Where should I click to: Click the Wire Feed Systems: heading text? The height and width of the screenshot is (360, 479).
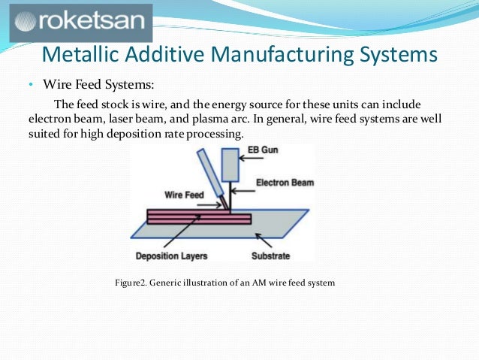tap(100, 84)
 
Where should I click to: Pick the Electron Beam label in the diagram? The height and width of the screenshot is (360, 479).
tap(285, 183)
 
